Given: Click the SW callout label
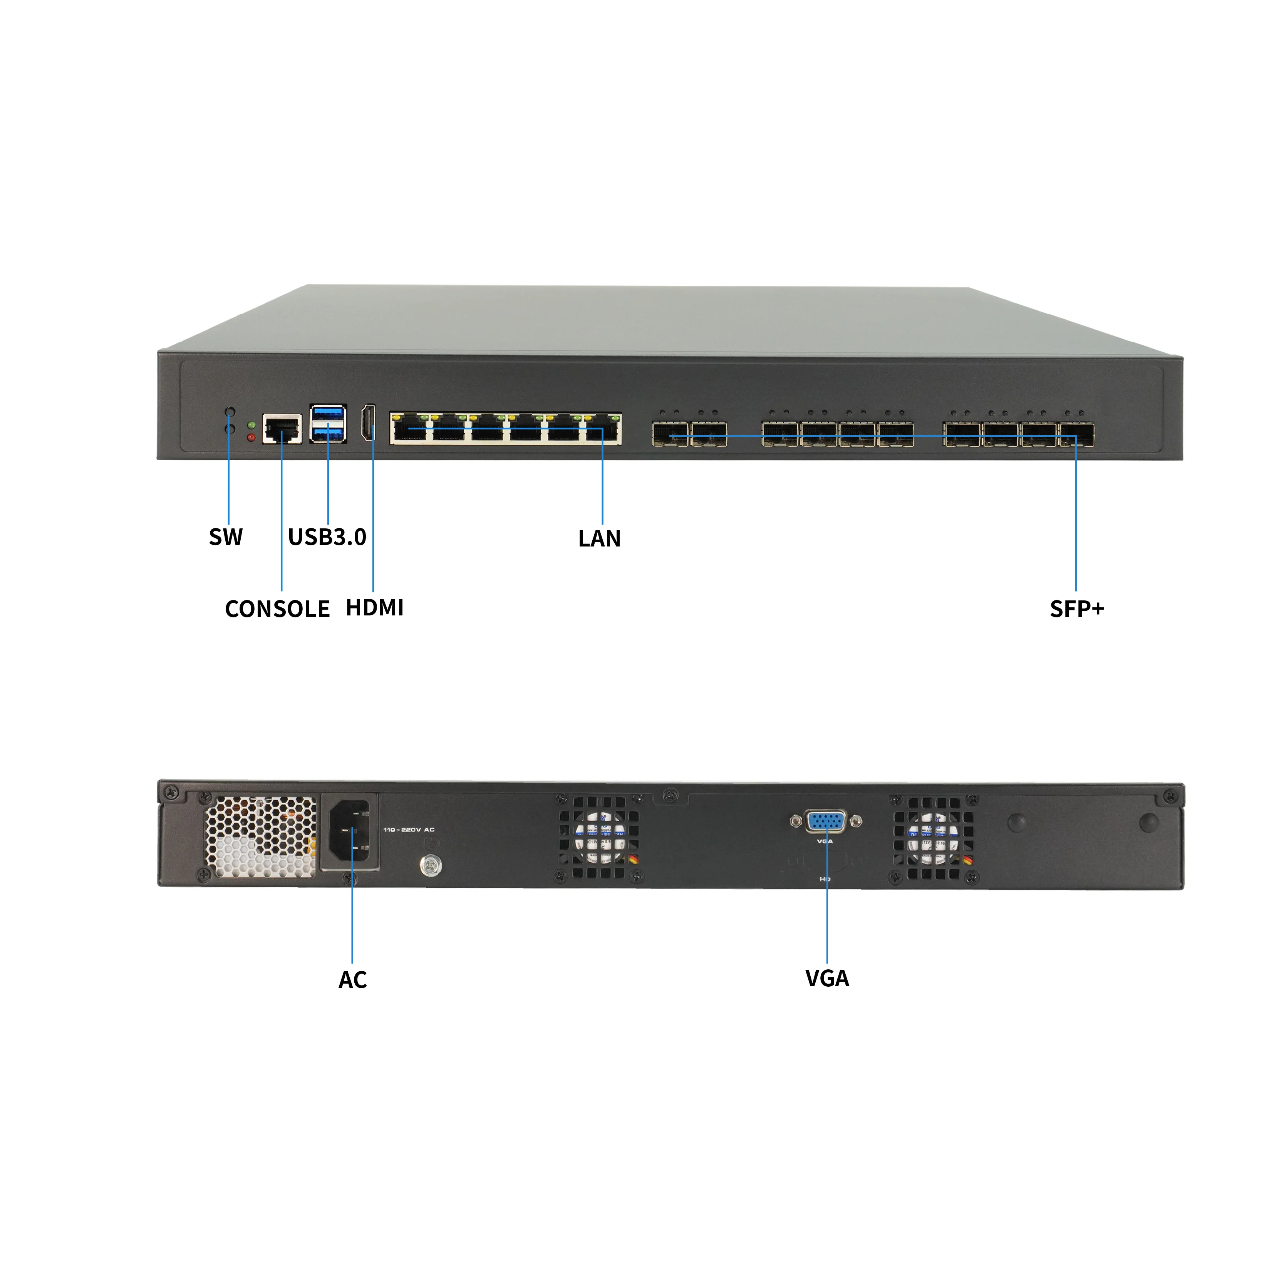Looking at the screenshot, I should coord(226,537).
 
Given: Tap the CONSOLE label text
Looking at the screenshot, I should coord(277,609).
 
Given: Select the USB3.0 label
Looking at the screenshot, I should coord(327,537).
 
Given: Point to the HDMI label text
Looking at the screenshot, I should coord(375,607).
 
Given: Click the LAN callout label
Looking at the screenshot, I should coord(600,538).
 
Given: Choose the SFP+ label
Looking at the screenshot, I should coord(1077,609).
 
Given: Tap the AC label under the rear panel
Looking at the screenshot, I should coord(352,980).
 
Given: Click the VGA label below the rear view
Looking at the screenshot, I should coord(827,978).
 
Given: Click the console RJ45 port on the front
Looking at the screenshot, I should coord(282,429).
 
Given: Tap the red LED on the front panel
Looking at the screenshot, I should coord(251,437).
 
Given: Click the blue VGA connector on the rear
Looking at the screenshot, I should coord(826,822).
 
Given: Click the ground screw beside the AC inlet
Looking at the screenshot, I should coord(431,865).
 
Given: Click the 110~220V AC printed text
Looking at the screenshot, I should coord(409,830).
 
